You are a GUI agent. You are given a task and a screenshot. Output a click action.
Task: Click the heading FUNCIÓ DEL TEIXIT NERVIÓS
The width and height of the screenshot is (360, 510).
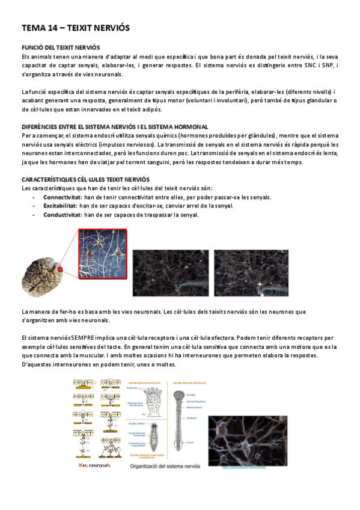tap(61, 47)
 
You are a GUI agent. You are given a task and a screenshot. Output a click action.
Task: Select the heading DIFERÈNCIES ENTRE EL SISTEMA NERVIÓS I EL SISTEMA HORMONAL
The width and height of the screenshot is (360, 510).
tap(115, 127)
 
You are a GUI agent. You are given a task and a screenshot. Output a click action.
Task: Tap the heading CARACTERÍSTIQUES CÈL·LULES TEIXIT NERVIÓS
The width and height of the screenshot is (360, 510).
tap(86, 180)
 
